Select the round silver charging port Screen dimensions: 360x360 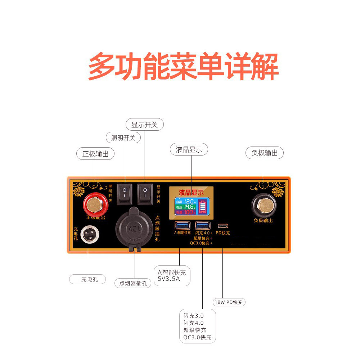coord(89,235)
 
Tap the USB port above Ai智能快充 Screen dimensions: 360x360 coord(182,226)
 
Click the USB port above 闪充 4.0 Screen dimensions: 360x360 coord(202,226)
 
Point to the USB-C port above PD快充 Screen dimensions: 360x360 coord(223,226)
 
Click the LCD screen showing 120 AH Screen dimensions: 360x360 coord(191,206)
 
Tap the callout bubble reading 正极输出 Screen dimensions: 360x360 coord(95,153)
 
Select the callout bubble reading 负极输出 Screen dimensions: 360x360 coord(265,153)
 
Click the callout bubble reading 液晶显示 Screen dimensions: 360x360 coord(189,149)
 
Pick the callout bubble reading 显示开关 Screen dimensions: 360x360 coord(144,125)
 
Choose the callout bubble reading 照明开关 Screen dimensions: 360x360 coord(123,138)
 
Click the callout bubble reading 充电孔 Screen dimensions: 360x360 coord(88,279)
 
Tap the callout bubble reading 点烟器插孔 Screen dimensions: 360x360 coord(133,283)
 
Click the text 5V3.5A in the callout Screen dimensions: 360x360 coord(168,278)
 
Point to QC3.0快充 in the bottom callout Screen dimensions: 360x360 coord(197,338)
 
